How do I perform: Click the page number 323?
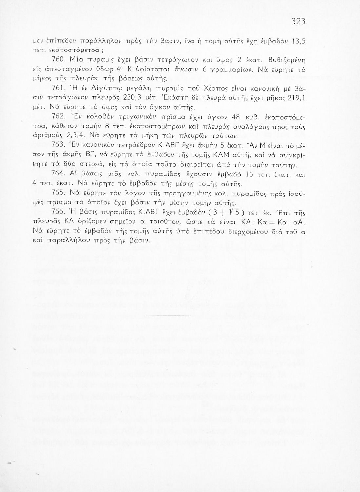(298, 22)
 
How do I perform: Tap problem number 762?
(59, 117)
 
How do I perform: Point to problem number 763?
(59, 145)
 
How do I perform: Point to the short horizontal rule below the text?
(168, 315)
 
